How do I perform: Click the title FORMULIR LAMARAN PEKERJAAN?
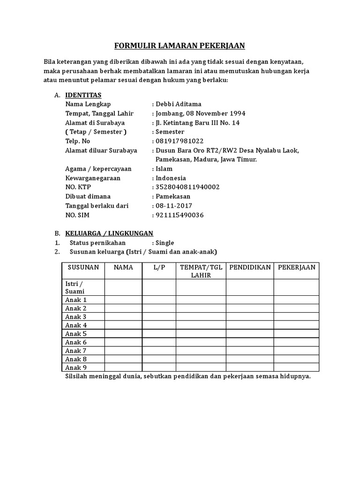pos(180,46)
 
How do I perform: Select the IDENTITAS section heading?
pos(83,95)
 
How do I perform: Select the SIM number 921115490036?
pos(180,215)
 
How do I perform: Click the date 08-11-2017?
pos(174,206)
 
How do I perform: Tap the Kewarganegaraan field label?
pos(93,178)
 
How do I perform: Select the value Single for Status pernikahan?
pos(165,243)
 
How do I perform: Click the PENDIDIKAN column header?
pos(250,267)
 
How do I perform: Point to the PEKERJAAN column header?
pos(297,267)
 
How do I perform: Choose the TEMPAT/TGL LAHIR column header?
pos(201,271)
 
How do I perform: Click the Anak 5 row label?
pos(76,334)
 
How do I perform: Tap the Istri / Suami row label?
pos(75,287)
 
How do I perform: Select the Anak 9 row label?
pos(76,367)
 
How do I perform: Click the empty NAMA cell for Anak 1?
pos(123,300)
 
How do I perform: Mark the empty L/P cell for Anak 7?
pos(159,351)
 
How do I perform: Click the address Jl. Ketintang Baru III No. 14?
pos(197,123)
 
